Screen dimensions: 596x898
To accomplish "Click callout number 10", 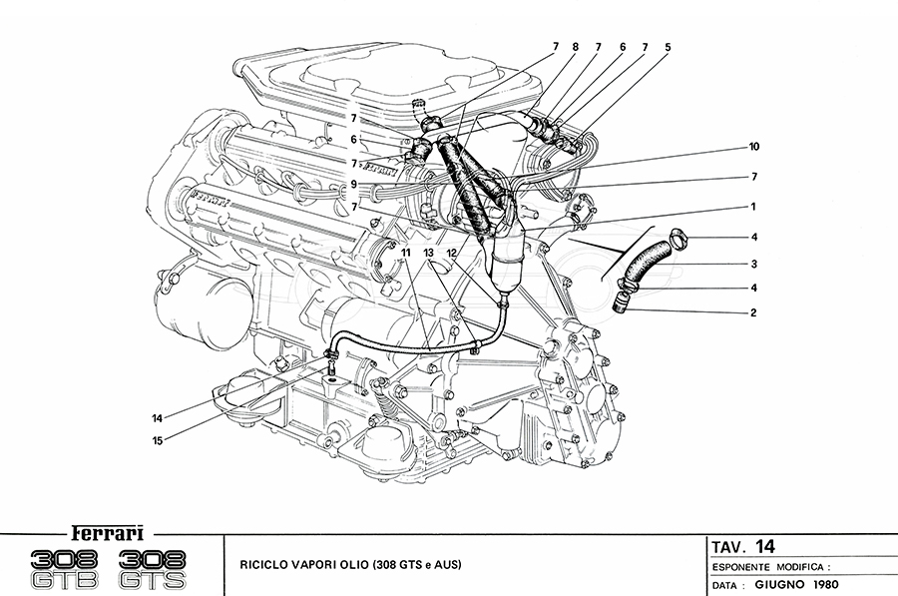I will click(x=754, y=147).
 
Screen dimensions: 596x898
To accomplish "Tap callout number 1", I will click(x=754, y=207).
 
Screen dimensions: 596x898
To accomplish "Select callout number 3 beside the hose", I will click(x=754, y=265).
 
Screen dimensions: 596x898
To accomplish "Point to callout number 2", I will click(x=754, y=312).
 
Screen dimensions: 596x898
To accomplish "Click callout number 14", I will click(x=157, y=418).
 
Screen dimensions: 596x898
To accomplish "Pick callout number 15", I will click(x=157, y=439).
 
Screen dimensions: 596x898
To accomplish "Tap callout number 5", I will click(x=668, y=46).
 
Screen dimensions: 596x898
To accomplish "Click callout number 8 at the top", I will click(x=575, y=46).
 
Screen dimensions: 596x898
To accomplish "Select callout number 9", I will click(x=353, y=184).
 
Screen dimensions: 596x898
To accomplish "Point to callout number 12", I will click(x=452, y=254).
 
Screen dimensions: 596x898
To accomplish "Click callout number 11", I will click(x=406, y=254).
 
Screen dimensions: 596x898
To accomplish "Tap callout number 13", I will click(x=429, y=254).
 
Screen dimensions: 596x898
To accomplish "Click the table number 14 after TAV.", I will click(x=764, y=546).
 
